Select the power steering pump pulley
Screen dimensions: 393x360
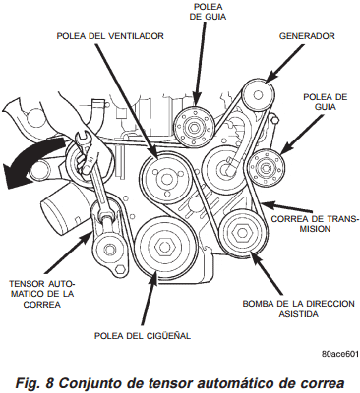(x=239, y=234)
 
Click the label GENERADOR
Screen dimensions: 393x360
(x=307, y=36)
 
